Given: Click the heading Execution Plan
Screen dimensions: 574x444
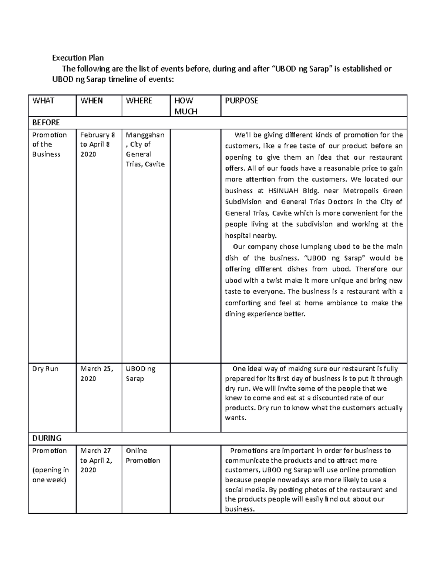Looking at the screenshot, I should (78, 58).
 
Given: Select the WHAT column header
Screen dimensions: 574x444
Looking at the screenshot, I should (43, 101).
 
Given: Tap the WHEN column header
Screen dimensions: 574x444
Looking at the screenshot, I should (91, 101).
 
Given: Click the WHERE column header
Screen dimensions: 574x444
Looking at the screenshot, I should (139, 101).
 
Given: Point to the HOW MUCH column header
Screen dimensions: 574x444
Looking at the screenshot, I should (186, 106).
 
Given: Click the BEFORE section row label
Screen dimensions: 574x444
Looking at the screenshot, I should (46, 122).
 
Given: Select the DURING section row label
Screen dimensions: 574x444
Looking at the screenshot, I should (47, 438).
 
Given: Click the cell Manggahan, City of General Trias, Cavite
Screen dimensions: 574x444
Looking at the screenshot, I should (145, 149).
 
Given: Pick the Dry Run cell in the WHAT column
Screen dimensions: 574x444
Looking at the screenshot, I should (45, 369).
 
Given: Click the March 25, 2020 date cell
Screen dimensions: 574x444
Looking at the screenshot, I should (97, 374).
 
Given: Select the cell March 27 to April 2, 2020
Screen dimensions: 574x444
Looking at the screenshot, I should (96, 461).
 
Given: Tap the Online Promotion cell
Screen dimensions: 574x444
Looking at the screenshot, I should (143, 456).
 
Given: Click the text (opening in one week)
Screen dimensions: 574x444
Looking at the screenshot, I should (51, 475).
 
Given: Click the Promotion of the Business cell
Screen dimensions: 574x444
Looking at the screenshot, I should (49, 145).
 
